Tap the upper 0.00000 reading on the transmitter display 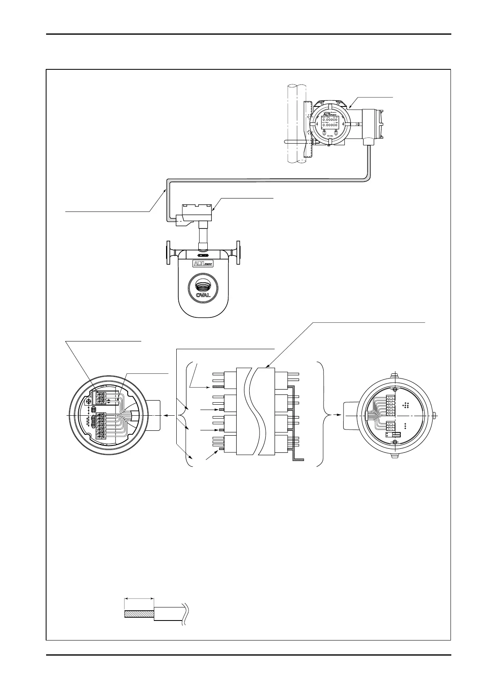[x=330, y=120]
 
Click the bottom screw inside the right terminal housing [x=395, y=443]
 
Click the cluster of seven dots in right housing [x=406, y=405]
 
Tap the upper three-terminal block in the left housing [x=101, y=398]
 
